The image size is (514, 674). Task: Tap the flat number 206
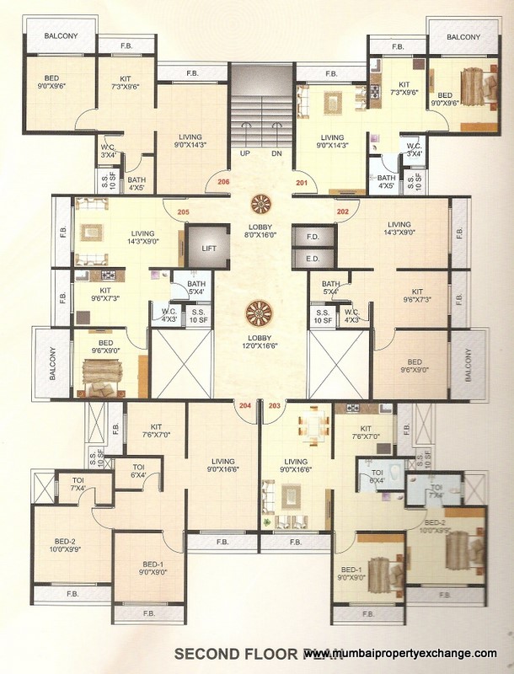pyautogui.click(x=223, y=182)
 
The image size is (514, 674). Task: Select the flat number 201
pyautogui.click(x=300, y=182)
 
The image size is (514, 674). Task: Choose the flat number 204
pyautogui.click(x=245, y=405)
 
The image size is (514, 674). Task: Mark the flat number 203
pyautogui.click(x=274, y=405)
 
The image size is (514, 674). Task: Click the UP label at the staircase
pyautogui.click(x=244, y=154)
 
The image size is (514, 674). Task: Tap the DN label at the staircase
pyautogui.click(x=276, y=154)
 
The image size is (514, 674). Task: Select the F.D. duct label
pyautogui.click(x=312, y=237)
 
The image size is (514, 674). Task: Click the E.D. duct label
pyautogui.click(x=312, y=259)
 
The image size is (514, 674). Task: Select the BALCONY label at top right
pyautogui.click(x=463, y=37)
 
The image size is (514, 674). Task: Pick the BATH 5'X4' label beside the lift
pyautogui.click(x=196, y=288)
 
